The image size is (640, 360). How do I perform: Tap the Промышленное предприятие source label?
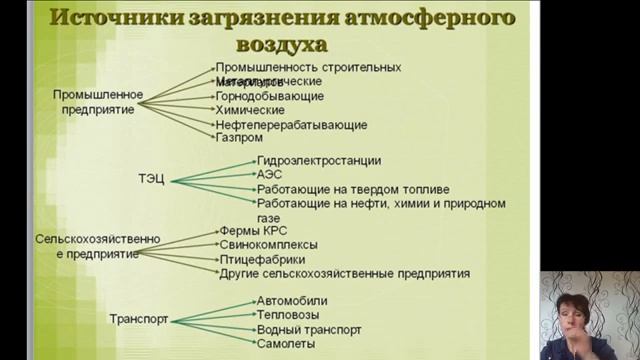(x=98, y=102)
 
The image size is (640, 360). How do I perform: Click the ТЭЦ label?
(x=152, y=180)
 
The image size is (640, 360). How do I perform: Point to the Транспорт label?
(x=138, y=320)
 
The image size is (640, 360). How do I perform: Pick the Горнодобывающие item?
(x=269, y=96)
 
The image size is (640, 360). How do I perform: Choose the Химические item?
(x=250, y=110)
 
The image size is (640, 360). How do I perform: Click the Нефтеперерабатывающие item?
(x=291, y=125)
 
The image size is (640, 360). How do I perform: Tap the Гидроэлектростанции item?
(x=318, y=160)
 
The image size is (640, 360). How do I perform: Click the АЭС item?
(x=269, y=174)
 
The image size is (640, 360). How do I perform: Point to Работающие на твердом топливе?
(x=352, y=188)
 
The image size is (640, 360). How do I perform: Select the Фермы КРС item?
(x=252, y=230)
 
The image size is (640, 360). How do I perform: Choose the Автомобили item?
(x=291, y=301)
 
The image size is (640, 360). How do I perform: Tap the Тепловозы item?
(x=287, y=315)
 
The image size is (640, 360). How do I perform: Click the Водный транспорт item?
(x=308, y=329)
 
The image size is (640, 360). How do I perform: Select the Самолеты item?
(x=286, y=343)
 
